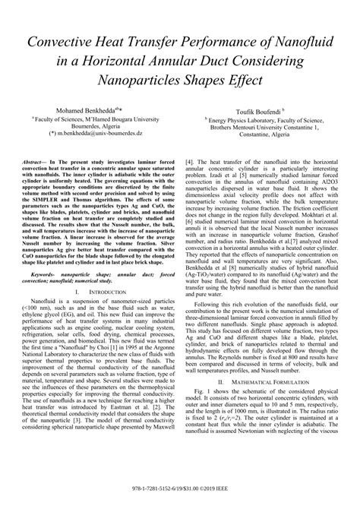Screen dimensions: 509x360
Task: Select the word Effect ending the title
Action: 242,80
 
